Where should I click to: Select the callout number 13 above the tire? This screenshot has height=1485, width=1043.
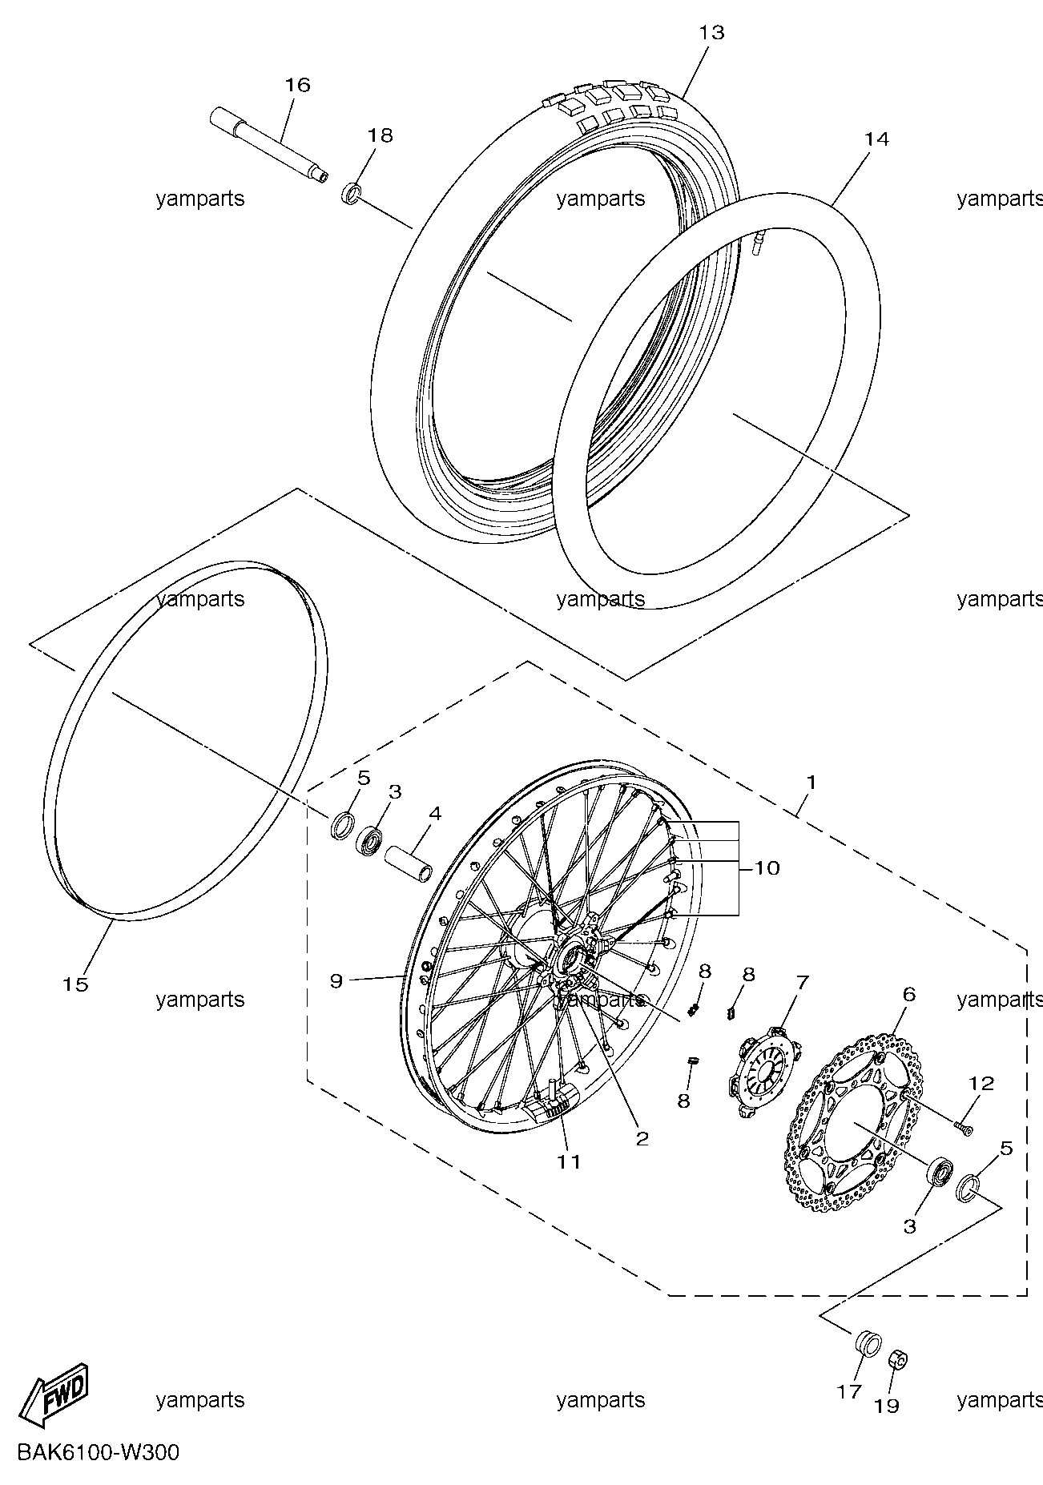pos(711,33)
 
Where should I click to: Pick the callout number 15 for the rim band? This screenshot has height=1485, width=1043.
pos(75,984)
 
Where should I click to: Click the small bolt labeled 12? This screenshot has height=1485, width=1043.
pos(962,1128)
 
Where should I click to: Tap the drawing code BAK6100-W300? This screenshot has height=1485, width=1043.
pos(96,1452)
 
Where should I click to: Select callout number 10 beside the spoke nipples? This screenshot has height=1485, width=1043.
pos(767,868)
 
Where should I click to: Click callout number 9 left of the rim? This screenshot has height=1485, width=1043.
pos(336,980)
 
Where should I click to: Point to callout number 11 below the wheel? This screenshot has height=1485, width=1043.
pos(569,1161)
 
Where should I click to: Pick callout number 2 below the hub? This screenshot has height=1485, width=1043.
pos(642,1138)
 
